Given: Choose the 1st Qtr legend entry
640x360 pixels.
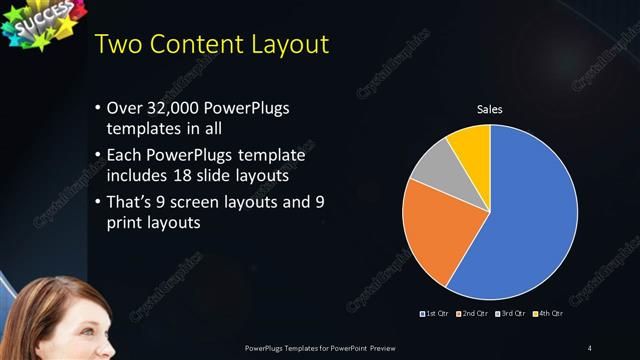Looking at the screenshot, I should pyautogui.click(x=435, y=315).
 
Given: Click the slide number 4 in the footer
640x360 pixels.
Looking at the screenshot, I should pyautogui.click(x=590, y=347).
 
